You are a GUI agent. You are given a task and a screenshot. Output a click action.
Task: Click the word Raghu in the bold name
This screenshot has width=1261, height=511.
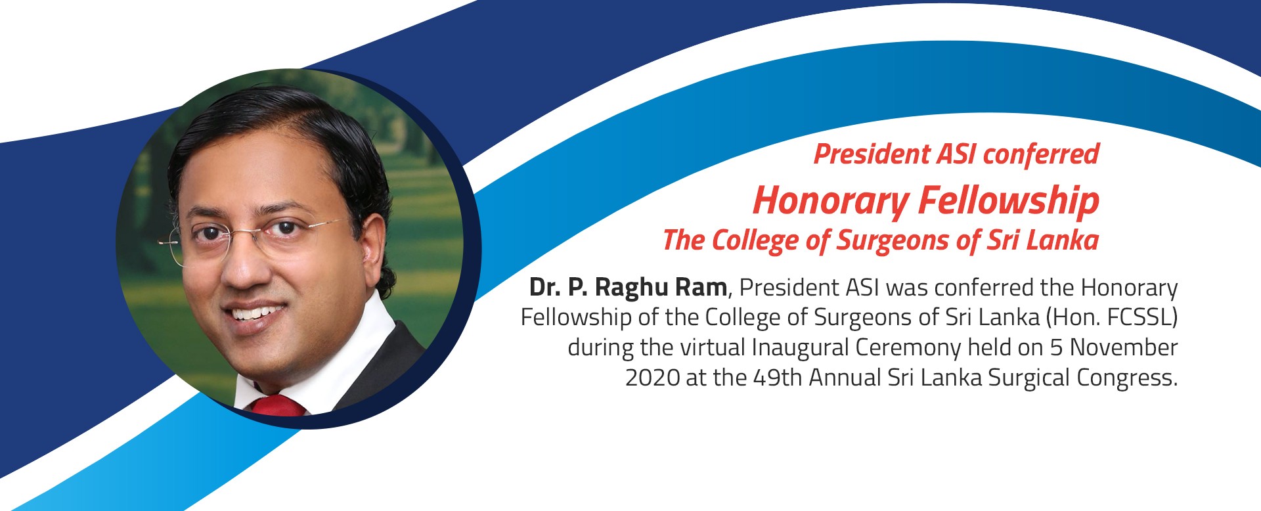click(632, 288)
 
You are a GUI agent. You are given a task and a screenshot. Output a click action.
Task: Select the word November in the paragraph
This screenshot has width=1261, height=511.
click(1124, 347)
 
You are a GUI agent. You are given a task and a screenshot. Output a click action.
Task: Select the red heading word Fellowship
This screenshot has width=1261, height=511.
click(1008, 200)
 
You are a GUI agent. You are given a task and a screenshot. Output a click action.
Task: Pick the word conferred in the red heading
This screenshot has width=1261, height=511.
click(1041, 154)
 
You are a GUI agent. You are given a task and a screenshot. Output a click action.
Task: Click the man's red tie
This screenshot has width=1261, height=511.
click(279, 405)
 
